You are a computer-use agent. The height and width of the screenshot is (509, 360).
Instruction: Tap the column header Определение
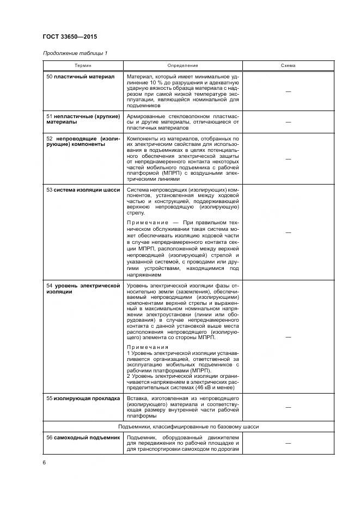(x=183, y=65)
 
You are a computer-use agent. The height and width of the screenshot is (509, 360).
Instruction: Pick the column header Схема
(x=288, y=65)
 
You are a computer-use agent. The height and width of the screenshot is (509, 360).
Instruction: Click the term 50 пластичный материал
(x=81, y=77)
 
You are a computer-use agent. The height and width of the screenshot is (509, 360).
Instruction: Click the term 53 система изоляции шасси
(x=82, y=189)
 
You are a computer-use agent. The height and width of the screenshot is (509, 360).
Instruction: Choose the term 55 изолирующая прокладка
(x=83, y=398)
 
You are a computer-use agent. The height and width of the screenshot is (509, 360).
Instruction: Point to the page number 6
(x=44, y=462)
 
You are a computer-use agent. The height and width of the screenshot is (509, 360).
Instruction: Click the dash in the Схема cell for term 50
(x=288, y=92)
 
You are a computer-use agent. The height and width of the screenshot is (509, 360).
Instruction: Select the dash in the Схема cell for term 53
(x=288, y=232)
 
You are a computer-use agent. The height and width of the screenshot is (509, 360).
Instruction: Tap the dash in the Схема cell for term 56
(x=288, y=444)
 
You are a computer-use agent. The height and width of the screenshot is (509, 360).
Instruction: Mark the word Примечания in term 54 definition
(x=148, y=346)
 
